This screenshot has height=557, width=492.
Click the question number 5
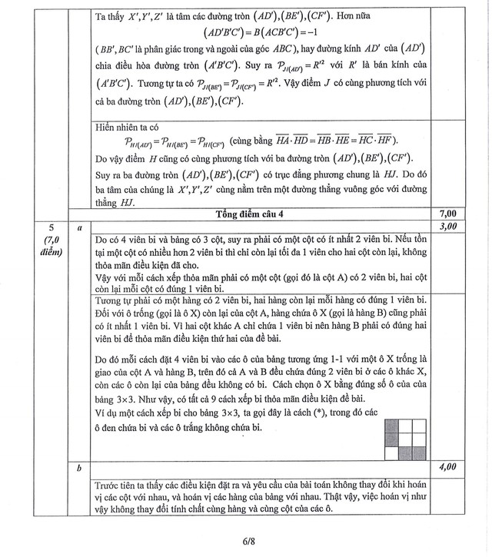(52, 227)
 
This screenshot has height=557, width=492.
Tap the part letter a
(79, 227)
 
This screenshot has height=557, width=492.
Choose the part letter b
(79, 466)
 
